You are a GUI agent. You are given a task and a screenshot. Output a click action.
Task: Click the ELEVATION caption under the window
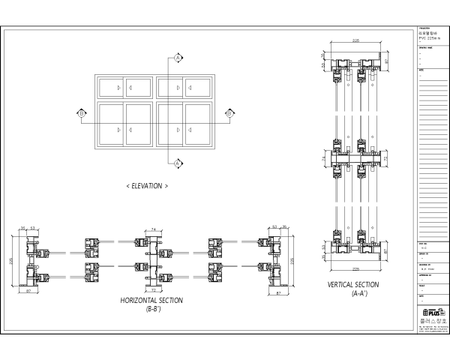click(x=147, y=185)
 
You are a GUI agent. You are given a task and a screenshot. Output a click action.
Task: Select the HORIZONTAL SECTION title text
click(x=151, y=300)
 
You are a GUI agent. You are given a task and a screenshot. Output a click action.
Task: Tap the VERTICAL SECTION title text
click(x=353, y=285)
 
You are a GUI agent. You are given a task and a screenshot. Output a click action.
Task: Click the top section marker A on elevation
click(x=178, y=57)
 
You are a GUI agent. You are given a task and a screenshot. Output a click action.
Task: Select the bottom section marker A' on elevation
click(x=178, y=163)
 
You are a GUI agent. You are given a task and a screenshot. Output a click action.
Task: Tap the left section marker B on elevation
click(x=82, y=113)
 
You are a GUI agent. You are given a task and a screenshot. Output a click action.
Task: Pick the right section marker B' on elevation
click(x=229, y=113)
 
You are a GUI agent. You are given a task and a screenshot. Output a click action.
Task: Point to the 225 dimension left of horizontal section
click(x=11, y=260)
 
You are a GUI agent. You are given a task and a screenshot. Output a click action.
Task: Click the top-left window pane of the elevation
click(x=111, y=88)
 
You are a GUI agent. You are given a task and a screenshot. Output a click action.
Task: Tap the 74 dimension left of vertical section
click(x=324, y=160)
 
